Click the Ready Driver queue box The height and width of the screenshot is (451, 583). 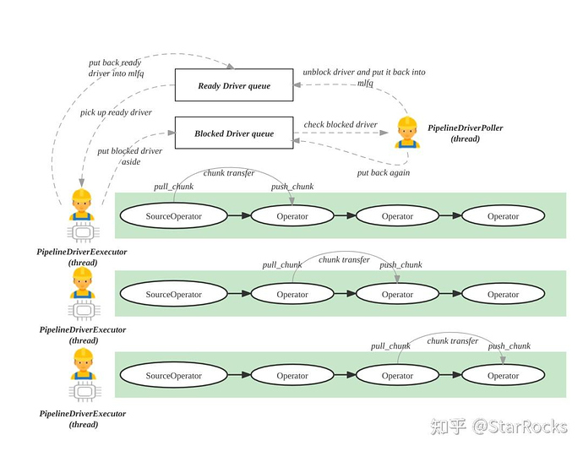click(234, 85)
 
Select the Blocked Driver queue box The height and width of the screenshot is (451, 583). click(234, 133)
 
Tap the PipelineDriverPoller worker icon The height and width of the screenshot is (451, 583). click(407, 133)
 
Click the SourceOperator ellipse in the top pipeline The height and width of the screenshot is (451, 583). click(174, 216)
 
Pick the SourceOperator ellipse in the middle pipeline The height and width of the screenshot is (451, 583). click(174, 295)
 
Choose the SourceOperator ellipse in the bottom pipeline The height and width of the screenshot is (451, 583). click(174, 376)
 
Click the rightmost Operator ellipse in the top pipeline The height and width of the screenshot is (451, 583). click(503, 216)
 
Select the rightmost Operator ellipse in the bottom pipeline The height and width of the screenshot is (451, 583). click(503, 376)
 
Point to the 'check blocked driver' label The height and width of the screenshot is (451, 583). click(341, 125)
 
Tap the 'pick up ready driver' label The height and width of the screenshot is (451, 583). click(116, 112)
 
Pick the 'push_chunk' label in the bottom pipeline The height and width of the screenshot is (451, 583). click(509, 346)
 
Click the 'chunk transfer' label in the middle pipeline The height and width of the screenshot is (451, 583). click(344, 260)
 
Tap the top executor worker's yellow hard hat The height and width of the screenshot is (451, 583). click(82, 196)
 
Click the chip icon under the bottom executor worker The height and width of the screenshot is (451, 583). click(83, 394)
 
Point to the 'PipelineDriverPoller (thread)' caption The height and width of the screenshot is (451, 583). click(465, 132)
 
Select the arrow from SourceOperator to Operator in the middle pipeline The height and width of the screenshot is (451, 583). click(239, 295)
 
